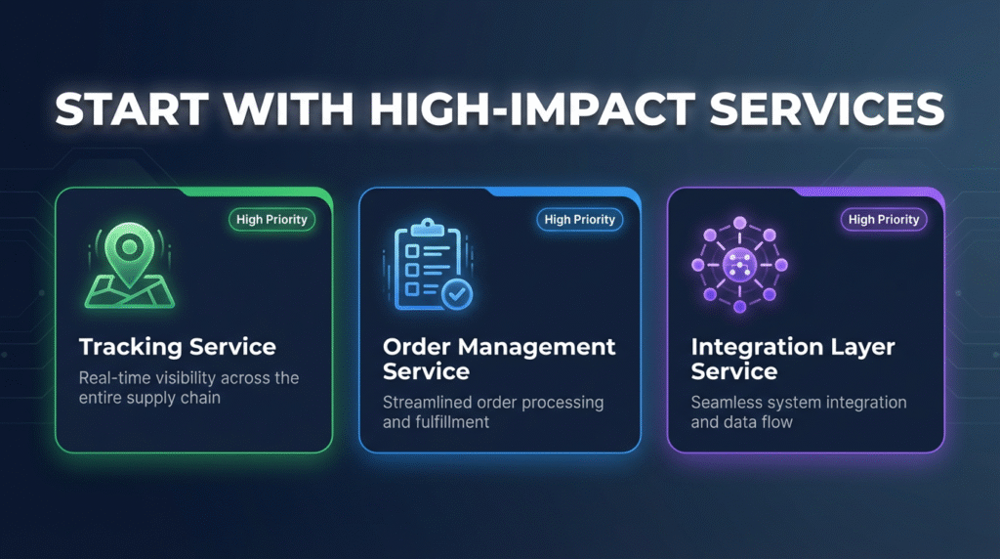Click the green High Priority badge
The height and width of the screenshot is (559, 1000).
tap(271, 220)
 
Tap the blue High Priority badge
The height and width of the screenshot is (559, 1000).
tap(580, 220)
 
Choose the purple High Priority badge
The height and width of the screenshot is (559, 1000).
tap(884, 220)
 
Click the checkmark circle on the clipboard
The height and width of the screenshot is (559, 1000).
tap(455, 292)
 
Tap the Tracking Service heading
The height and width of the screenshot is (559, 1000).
tap(178, 347)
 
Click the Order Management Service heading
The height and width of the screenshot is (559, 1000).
tap(499, 359)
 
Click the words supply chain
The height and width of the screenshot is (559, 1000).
tap(187, 398)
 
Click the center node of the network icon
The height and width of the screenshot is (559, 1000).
tap(739, 264)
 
